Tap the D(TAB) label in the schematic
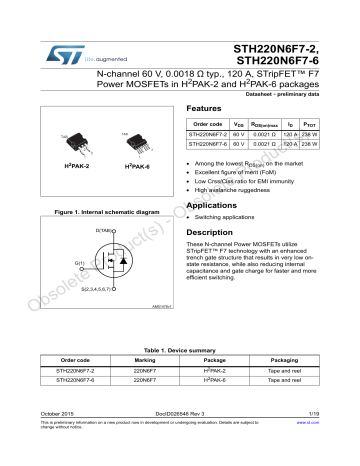[103, 230]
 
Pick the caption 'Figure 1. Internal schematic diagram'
[107, 212]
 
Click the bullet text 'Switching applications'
[225, 217]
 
